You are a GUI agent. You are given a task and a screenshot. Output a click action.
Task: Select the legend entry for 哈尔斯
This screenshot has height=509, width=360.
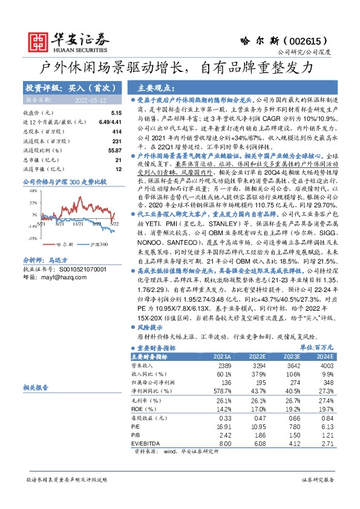[65, 245]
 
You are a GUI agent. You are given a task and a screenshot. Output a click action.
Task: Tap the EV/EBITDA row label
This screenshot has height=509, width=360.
[147, 444]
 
